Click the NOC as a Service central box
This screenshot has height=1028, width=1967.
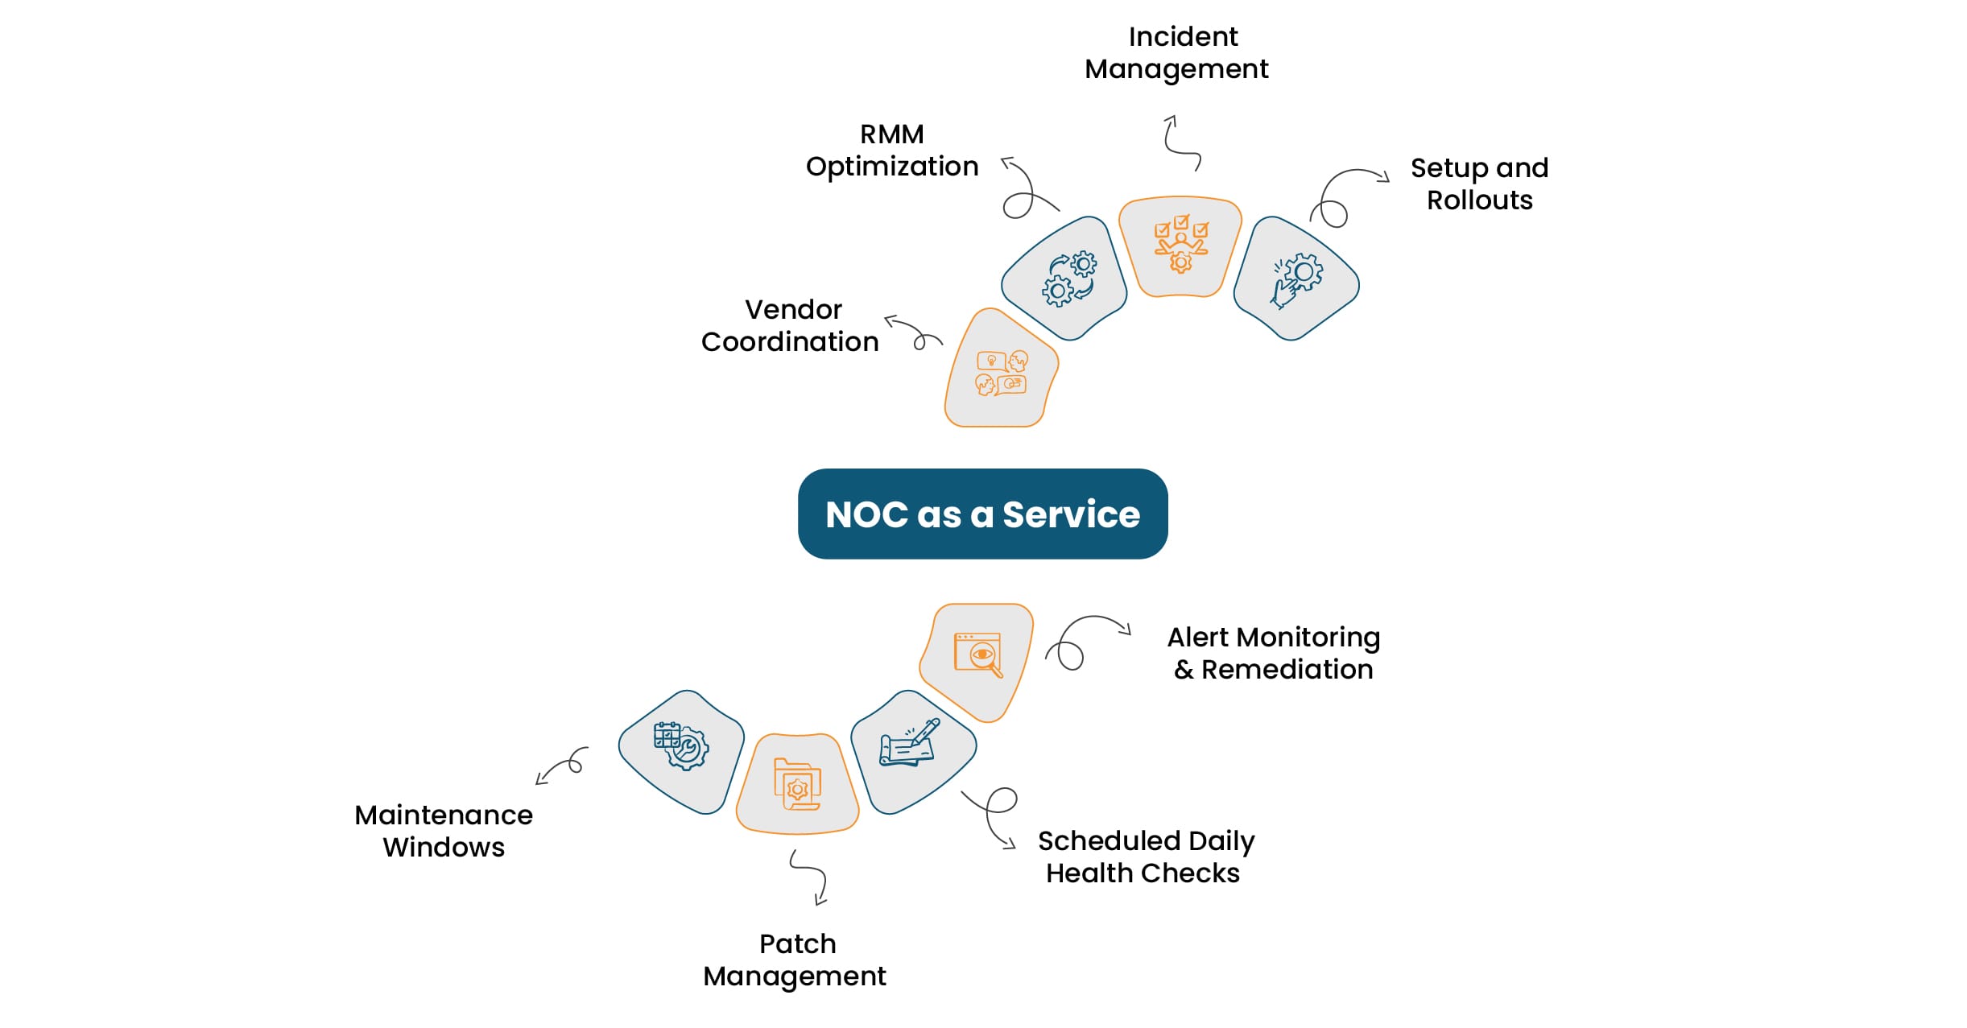[x=982, y=514]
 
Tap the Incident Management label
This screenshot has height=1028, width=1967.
[x=1177, y=53]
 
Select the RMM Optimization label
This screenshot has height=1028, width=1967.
[x=892, y=151]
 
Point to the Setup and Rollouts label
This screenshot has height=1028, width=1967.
[x=1479, y=184]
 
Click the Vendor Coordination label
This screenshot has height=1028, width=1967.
[x=791, y=326]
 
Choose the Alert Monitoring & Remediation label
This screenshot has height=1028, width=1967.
[x=1274, y=654]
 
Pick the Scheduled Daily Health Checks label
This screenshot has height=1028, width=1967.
[x=1145, y=857]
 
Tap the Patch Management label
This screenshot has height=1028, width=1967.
[x=795, y=960]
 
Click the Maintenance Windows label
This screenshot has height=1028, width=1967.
[x=444, y=832]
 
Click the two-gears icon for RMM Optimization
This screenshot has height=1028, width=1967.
[x=1069, y=279]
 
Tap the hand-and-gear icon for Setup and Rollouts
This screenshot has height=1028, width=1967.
[x=1295, y=279]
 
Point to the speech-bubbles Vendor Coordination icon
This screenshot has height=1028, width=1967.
[x=1001, y=373]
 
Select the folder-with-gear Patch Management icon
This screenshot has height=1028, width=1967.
[x=797, y=784]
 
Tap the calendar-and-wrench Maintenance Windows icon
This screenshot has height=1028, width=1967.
[x=680, y=745]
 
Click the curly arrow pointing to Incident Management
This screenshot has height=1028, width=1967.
[x=1180, y=143]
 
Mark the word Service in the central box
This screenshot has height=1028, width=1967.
[x=1071, y=514]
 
